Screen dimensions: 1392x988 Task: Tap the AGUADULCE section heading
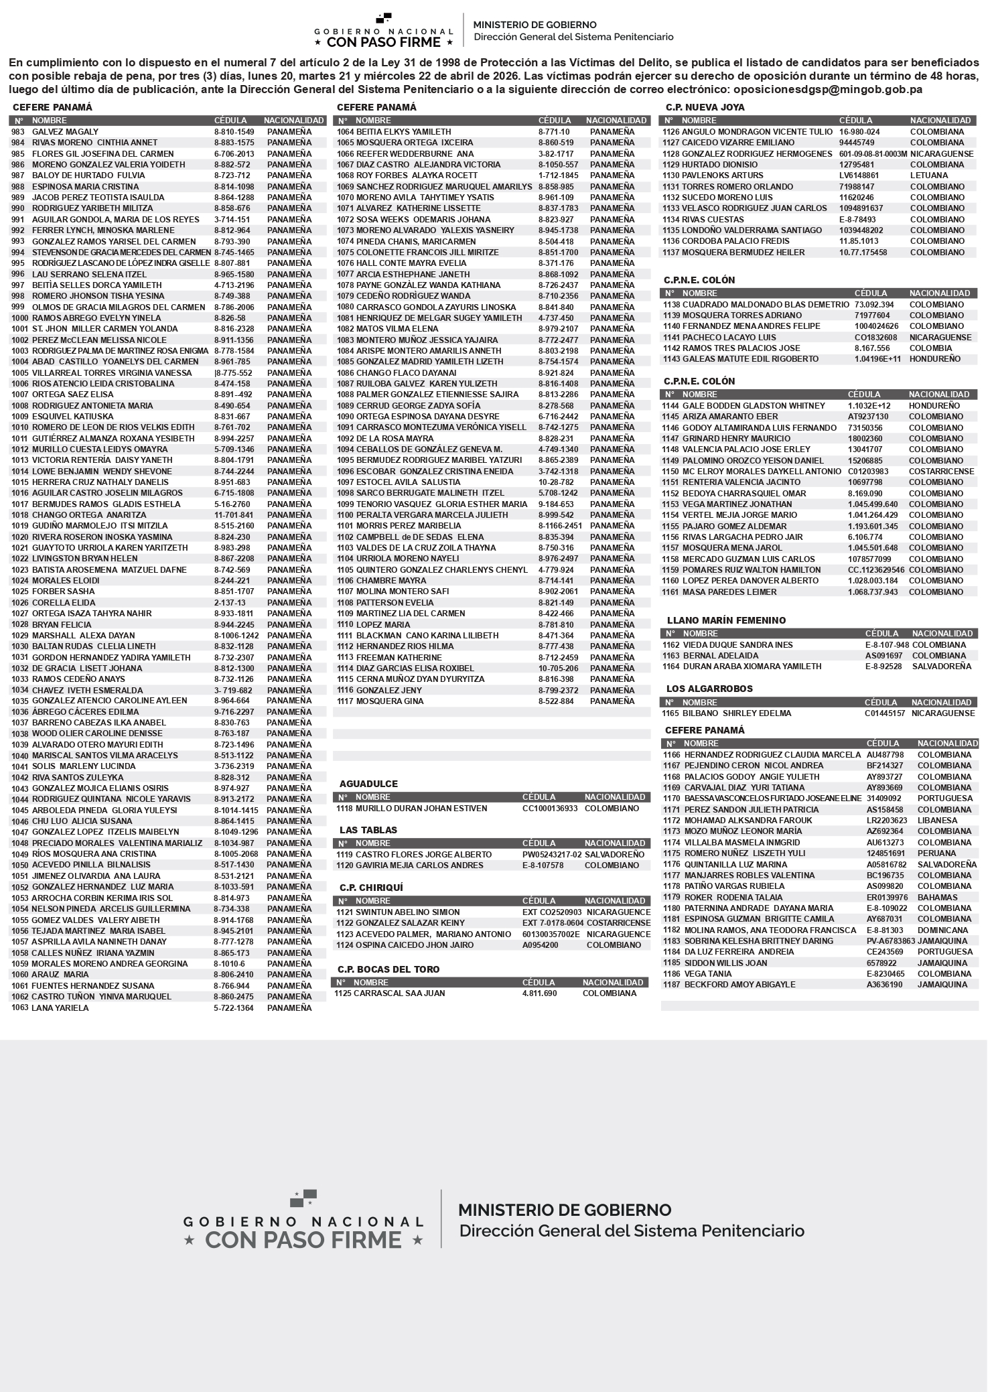pos(368,784)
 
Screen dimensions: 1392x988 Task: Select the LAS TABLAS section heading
pos(368,830)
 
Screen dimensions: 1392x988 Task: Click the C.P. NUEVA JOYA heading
pos(705,107)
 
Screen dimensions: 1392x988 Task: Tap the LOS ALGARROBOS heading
pos(709,689)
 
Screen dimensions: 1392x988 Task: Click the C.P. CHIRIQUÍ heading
pos(371,888)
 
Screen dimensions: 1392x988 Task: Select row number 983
pos(17,132)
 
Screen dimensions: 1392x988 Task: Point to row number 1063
pos(20,1007)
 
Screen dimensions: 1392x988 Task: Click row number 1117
pos(345,701)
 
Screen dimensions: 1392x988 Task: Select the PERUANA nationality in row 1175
pos(936,853)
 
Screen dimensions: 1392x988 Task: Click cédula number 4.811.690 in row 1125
pos(539,993)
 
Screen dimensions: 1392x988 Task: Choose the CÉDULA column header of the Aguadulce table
pos(539,797)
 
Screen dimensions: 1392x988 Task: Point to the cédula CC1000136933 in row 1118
pos(549,809)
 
